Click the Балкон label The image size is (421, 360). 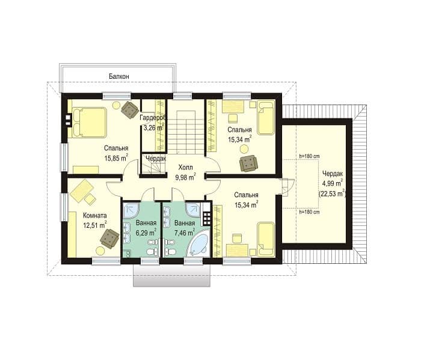(x=119, y=76)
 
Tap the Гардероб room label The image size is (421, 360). (x=153, y=118)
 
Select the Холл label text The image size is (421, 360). (x=185, y=168)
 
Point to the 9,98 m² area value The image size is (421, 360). (x=185, y=177)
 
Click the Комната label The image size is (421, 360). (x=95, y=215)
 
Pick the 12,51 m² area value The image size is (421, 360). (x=95, y=225)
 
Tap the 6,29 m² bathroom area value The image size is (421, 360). (x=146, y=233)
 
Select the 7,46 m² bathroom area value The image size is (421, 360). (x=185, y=233)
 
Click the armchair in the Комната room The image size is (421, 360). (x=109, y=238)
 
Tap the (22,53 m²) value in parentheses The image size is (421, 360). (x=332, y=194)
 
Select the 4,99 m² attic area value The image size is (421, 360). (x=332, y=183)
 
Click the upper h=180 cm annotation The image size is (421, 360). (x=309, y=156)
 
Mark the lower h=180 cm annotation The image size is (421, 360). (x=309, y=212)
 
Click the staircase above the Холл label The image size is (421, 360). (x=185, y=132)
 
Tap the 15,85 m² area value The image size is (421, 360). (x=116, y=157)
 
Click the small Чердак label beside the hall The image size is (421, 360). (x=156, y=158)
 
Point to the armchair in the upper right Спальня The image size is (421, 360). (x=248, y=163)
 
